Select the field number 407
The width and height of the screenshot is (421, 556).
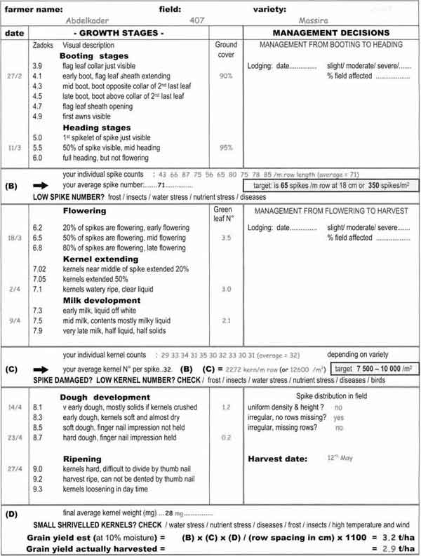click(197, 21)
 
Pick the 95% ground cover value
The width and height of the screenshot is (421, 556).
click(225, 148)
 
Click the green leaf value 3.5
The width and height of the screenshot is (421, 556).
click(225, 238)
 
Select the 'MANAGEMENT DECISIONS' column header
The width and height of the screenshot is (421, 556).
click(330, 33)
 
